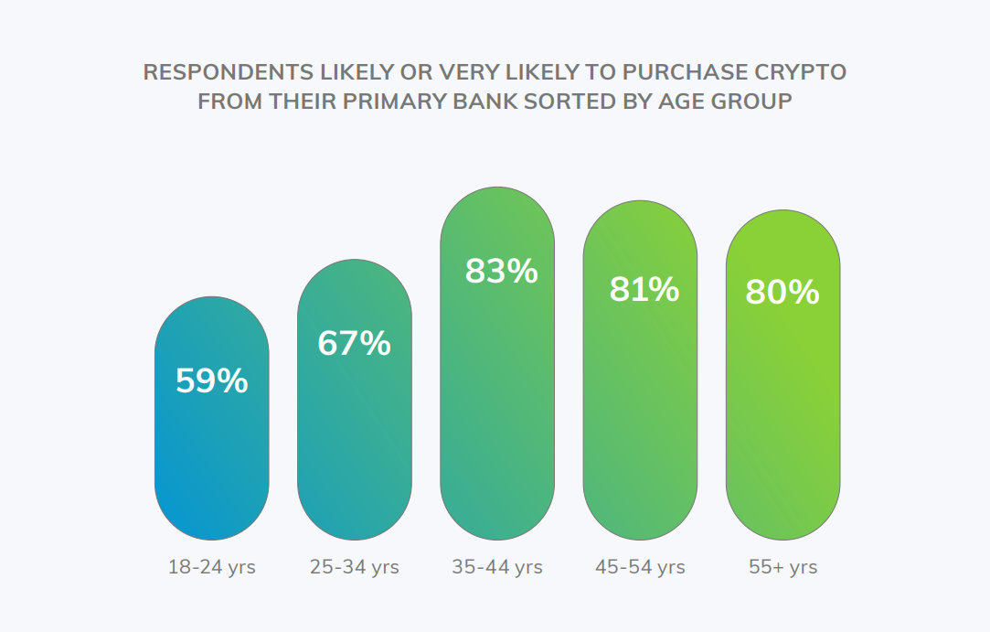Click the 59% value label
[211, 380]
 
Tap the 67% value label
[354, 343]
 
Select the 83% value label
[501, 271]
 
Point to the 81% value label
[644, 289]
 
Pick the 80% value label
[782, 293]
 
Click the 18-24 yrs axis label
[211, 567]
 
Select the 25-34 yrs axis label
[354, 567]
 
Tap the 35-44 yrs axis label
[496, 567]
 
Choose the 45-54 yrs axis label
[640, 567]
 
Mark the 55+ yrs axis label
[782, 567]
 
